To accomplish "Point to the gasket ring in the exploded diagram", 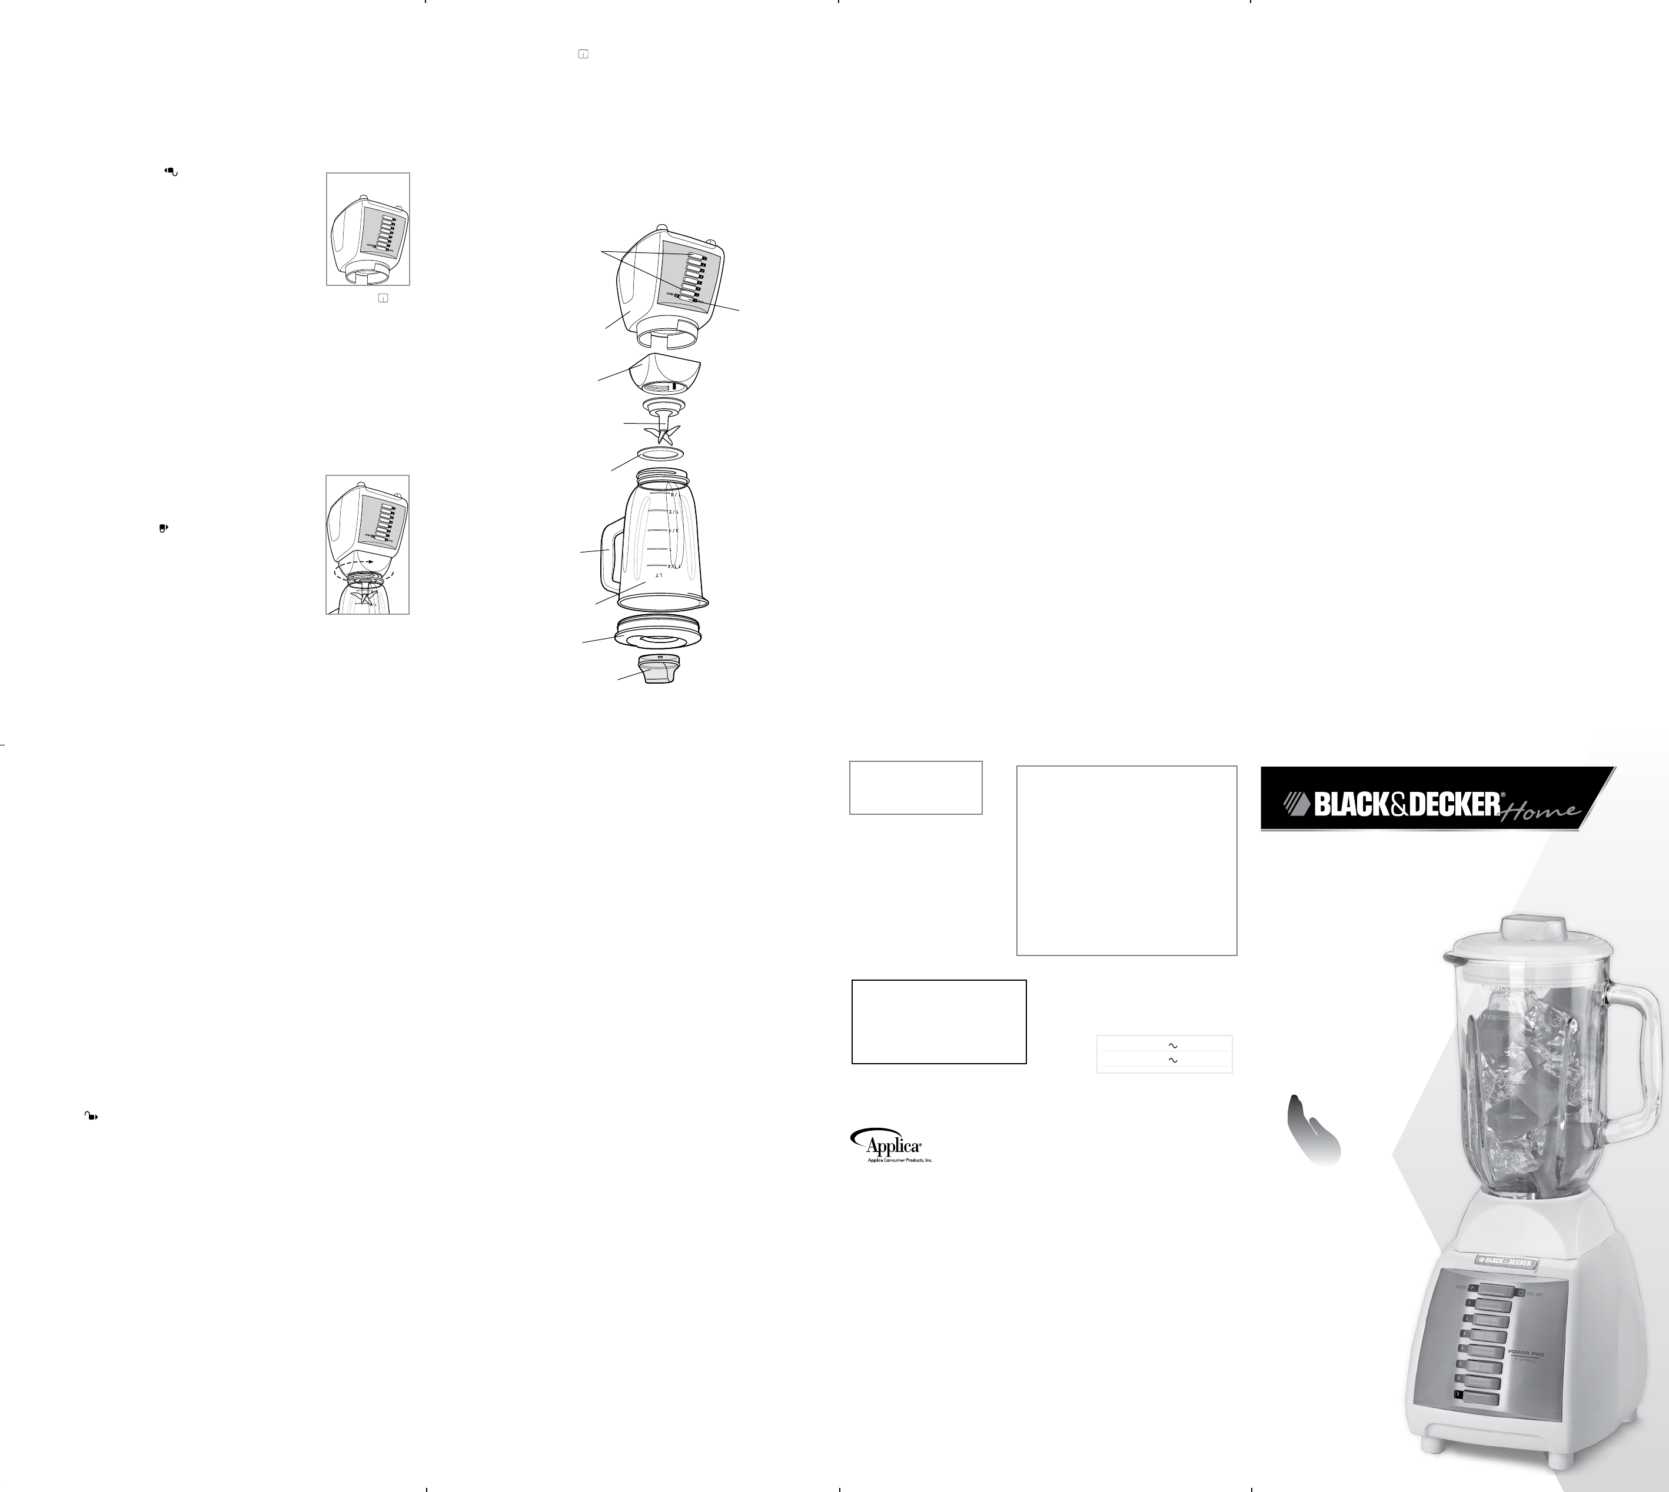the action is point(659,454).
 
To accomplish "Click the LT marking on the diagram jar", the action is point(658,577).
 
